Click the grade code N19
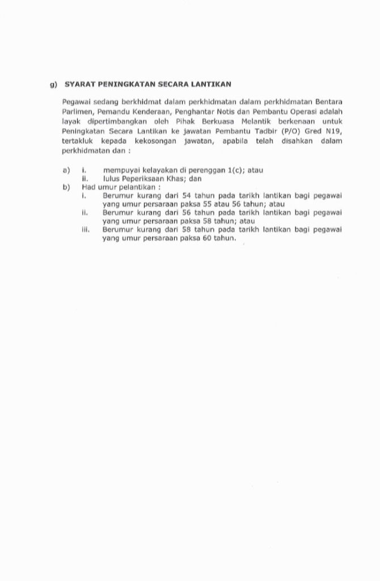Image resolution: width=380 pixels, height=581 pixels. [334, 131]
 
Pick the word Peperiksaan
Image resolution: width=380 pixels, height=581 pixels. [143, 178]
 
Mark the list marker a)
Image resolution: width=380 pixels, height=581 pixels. [66, 170]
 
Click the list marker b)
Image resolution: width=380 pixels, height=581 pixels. [66, 187]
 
